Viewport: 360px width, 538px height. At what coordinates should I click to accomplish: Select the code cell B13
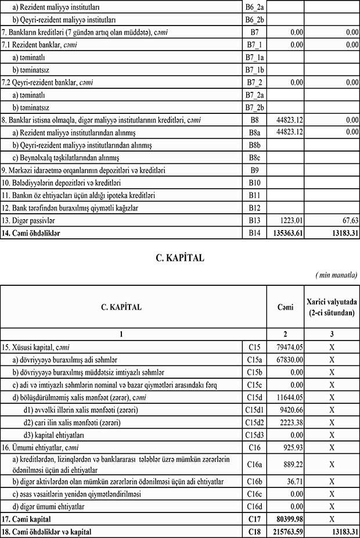point(255,220)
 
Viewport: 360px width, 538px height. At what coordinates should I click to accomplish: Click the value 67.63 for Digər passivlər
point(349,220)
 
